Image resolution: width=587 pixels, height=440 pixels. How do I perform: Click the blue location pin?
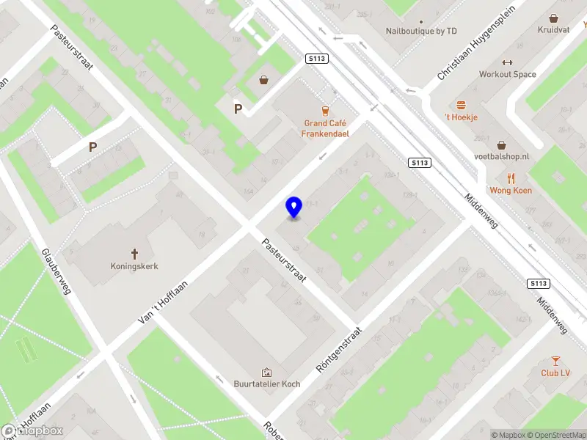tap(294, 208)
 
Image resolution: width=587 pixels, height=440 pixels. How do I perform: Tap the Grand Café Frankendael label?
tap(325, 128)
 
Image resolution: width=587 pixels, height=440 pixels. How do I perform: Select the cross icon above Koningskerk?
tap(134, 252)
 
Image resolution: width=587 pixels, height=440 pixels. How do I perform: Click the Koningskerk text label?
tap(134, 266)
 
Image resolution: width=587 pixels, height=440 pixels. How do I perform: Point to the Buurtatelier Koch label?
tap(266, 384)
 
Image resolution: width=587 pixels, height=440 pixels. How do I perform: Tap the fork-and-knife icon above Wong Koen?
tap(511, 177)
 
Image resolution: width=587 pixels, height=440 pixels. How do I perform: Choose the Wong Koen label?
tap(511, 191)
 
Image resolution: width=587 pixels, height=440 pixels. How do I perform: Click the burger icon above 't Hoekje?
tap(462, 105)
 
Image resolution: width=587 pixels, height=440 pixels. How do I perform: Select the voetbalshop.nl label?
tap(502, 157)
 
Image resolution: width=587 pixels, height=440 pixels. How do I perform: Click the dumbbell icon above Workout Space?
tap(508, 62)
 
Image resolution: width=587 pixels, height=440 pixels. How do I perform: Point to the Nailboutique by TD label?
tap(421, 31)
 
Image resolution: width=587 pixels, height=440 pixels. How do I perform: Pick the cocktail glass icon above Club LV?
tap(555, 360)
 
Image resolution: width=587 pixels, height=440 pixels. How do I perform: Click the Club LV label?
tap(555, 373)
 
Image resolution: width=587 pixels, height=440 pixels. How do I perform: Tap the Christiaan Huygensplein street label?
tap(476, 43)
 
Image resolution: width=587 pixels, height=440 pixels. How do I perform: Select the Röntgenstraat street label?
tap(339, 350)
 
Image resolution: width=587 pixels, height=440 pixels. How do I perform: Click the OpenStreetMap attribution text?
tap(556, 435)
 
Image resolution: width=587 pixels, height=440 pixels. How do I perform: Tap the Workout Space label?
tap(508, 74)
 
